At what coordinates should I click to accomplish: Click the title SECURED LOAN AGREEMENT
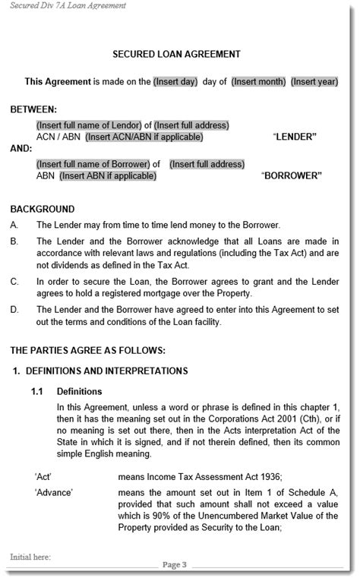[176, 54]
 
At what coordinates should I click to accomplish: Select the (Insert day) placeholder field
[175, 82]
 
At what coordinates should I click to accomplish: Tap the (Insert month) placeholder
[258, 82]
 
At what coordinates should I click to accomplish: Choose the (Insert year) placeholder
[315, 82]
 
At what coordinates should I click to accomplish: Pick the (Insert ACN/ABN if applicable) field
[144, 137]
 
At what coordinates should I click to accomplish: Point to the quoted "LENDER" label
[294, 137]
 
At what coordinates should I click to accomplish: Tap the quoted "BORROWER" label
[292, 176]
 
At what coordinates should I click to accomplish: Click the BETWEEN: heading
[33, 109]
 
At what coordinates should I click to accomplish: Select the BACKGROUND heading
[43, 209]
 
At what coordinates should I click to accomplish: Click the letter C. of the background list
[14, 282]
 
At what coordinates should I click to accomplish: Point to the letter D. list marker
[14, 310]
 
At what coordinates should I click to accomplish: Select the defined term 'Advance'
[53, 493]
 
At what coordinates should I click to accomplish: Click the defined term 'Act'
[43, 477]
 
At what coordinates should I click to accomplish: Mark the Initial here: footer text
[30, 557]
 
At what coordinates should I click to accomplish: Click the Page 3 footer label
[175, 565]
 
